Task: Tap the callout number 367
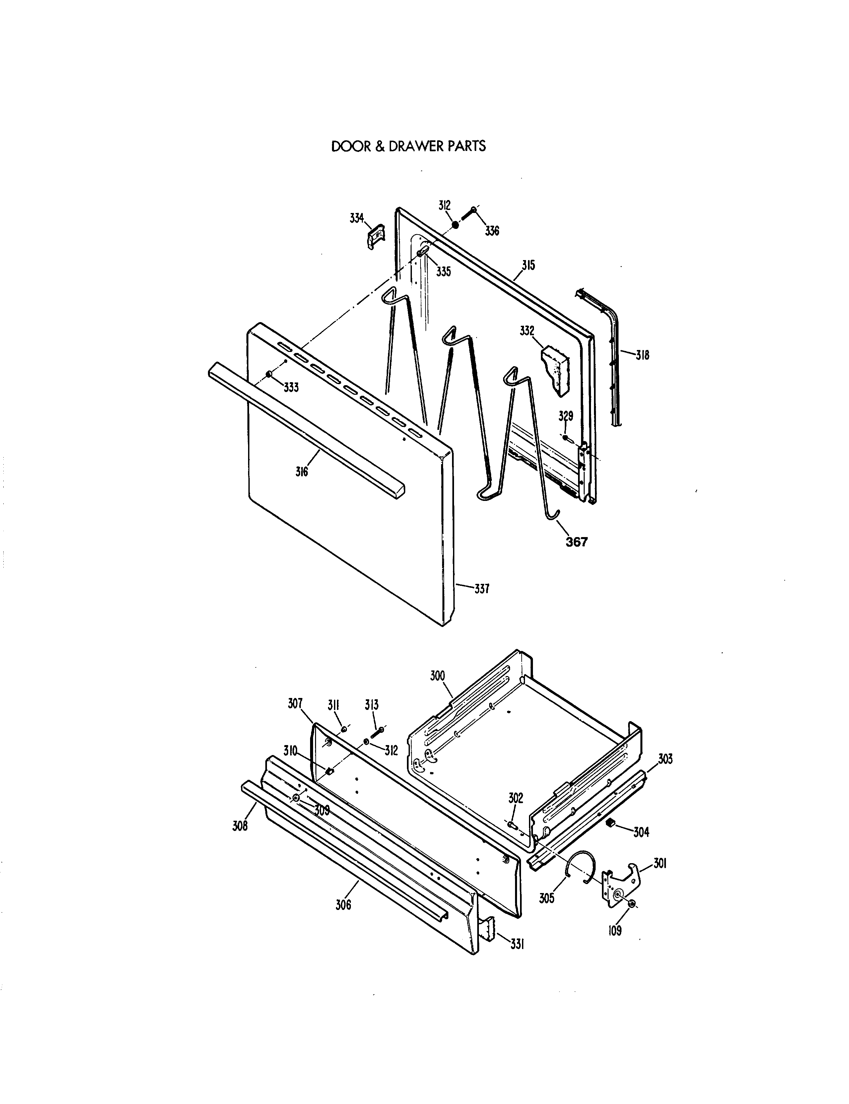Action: click(x=577, y=542)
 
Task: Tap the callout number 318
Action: click(x=642, y=355)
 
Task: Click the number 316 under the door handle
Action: click(x=302, y=472)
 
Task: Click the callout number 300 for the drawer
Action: click(x=437, y=676)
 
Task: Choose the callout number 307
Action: click(x=295, y=703)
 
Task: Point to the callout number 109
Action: click(x=615, y=930)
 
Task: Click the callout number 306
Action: click(x=343, y=905)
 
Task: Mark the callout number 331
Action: click(x=516, y=944)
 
